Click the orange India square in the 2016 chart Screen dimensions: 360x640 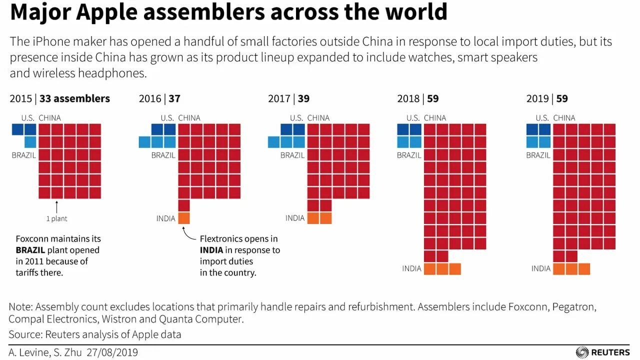tap(184, 218)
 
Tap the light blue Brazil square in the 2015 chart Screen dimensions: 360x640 tap(30, 142)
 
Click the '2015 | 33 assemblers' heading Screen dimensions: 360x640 tap(59, 98)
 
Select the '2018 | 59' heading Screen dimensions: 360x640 tap(417, 98)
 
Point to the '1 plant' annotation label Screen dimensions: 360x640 tap(56, 218)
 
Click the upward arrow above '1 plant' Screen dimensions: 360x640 tap(57, 206)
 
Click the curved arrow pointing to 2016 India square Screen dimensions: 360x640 tap(188, 233)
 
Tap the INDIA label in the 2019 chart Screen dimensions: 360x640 tap(540, 268)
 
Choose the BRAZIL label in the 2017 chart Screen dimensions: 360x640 tap(292, 155)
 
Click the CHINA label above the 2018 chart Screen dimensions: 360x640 tap(434, 118)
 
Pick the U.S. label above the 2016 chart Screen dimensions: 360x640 tap(167, 118)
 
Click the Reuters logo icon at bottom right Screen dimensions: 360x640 tap(582, 352)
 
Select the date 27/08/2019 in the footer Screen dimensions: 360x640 tap(113, 352)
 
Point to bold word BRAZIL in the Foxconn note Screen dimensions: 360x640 tap(30, 250)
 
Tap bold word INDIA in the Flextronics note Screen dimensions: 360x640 tap(211, 250)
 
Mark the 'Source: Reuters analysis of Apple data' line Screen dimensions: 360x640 tap(95, 334)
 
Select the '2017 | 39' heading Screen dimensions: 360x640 tap(288, 98)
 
